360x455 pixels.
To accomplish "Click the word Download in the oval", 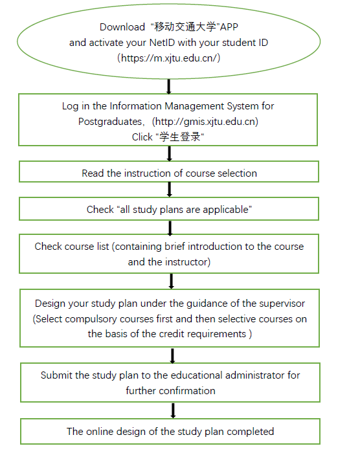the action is coord(122,27).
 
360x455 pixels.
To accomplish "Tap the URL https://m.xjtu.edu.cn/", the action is coord(169,58).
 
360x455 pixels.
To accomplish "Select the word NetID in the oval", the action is coord(162,43).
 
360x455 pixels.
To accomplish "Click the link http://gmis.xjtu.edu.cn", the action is coord(205,121).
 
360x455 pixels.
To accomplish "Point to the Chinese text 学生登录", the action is coord(180,137).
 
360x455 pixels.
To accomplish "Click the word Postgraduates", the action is coord(109,122).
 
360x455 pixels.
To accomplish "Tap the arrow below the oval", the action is coord(169,87).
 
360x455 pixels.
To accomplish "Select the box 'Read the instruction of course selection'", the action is coord(169,172).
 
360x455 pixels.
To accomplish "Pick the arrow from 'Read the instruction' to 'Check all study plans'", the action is coord(170,190).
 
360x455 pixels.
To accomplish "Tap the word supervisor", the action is coord(282,304).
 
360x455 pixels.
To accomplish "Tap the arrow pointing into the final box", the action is coord(173,410).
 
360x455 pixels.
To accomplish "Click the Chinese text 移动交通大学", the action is coord(185,27).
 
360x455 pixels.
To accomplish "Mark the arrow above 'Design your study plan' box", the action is coord(172,281).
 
